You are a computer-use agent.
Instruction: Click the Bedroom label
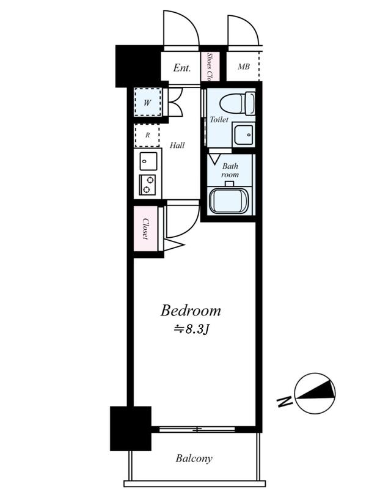click(191, 311)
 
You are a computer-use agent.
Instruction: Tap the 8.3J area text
click(191, 329)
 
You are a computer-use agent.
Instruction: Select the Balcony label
click(194, 458)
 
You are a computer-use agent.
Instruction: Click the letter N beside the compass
click(285, 402)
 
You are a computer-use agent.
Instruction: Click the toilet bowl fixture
click(237, 103)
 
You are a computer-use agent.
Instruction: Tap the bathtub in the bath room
click(227, 201)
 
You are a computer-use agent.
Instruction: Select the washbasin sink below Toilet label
click(244, 134)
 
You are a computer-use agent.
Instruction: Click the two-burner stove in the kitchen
click(147, 185)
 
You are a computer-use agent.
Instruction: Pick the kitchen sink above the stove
click(148, 161)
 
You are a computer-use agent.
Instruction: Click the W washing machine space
click(148, 102)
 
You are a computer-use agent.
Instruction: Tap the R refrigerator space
click(147, 135)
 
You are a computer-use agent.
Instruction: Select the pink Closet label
click(145, 229)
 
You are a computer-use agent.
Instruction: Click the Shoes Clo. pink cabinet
click(210, 67)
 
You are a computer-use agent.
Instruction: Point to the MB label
click(244, 67)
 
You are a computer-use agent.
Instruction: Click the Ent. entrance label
click(181, 68)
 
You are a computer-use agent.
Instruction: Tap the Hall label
click(177, 145)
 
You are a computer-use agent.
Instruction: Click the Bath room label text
click(230, 171)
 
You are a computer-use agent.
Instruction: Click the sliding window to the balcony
click(197, 430)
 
